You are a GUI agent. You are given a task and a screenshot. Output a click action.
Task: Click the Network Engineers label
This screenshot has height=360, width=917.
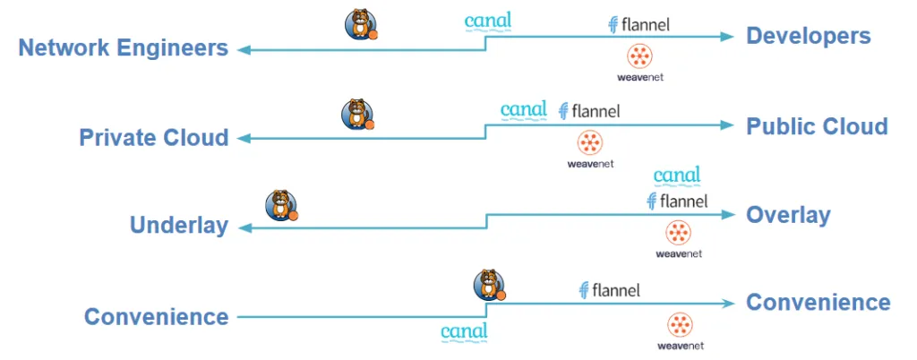pyautogui.click(x=124, y=47)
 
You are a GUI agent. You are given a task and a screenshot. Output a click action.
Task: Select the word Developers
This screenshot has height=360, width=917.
pyautogui.click(x=809, y=36)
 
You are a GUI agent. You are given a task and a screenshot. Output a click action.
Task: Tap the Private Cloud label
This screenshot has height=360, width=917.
pyautogui.click(x=154, y=138)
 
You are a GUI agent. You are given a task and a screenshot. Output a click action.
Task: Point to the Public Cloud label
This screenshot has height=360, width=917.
pyautogui.click(x=817, y=125)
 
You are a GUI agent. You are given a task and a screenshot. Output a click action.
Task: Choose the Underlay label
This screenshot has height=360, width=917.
pyautogui.click(x=179, y=225)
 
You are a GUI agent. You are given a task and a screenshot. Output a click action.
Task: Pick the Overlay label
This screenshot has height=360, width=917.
pyautogui.click(x=788, y=215)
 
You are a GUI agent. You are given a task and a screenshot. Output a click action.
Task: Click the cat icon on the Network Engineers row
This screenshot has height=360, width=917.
pyautogui.click(x=360, y=24)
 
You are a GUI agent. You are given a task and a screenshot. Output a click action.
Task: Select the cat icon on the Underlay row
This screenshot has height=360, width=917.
pyautogui.click(x=281, y=205)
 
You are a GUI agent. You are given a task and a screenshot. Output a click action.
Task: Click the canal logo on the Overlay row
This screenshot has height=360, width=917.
pyautogui.click(x=677, y=175)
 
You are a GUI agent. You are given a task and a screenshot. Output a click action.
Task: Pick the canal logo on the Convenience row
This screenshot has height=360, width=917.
pyautogui.click(x=464, y=332)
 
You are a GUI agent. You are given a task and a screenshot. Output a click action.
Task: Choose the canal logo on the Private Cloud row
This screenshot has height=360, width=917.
pyautogui.click(x=523, y=110)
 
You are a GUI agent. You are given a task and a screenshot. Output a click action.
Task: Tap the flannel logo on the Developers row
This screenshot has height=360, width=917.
pyautogui.click(x=638, y=25)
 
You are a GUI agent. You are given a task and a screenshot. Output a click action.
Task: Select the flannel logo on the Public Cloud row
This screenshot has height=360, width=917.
pyautogui.click(x=588, y=111)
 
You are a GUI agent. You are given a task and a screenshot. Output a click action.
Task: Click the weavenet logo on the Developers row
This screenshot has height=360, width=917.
pyautogui.click(x=640, y=62)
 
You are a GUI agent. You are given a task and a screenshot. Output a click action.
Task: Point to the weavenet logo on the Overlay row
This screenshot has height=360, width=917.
pyautogui.click(x=678, y=238)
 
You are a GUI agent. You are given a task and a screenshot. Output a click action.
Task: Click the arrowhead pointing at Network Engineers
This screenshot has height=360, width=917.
pyautogui.click(x=243, y=50)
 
